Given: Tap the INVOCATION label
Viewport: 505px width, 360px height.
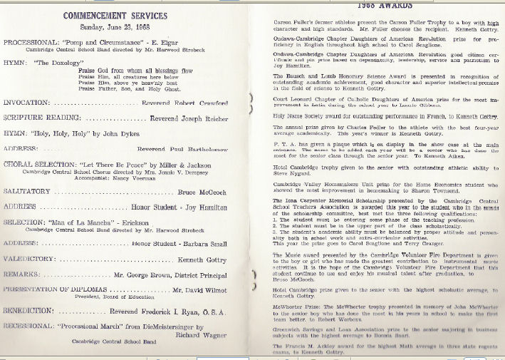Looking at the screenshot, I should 26,103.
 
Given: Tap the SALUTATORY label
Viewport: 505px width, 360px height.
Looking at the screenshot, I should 26,192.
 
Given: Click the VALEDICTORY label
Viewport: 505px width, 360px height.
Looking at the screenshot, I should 29,260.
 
